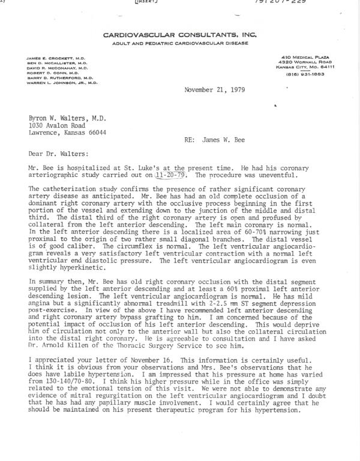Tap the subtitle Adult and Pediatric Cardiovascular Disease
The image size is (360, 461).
point(179,45)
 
